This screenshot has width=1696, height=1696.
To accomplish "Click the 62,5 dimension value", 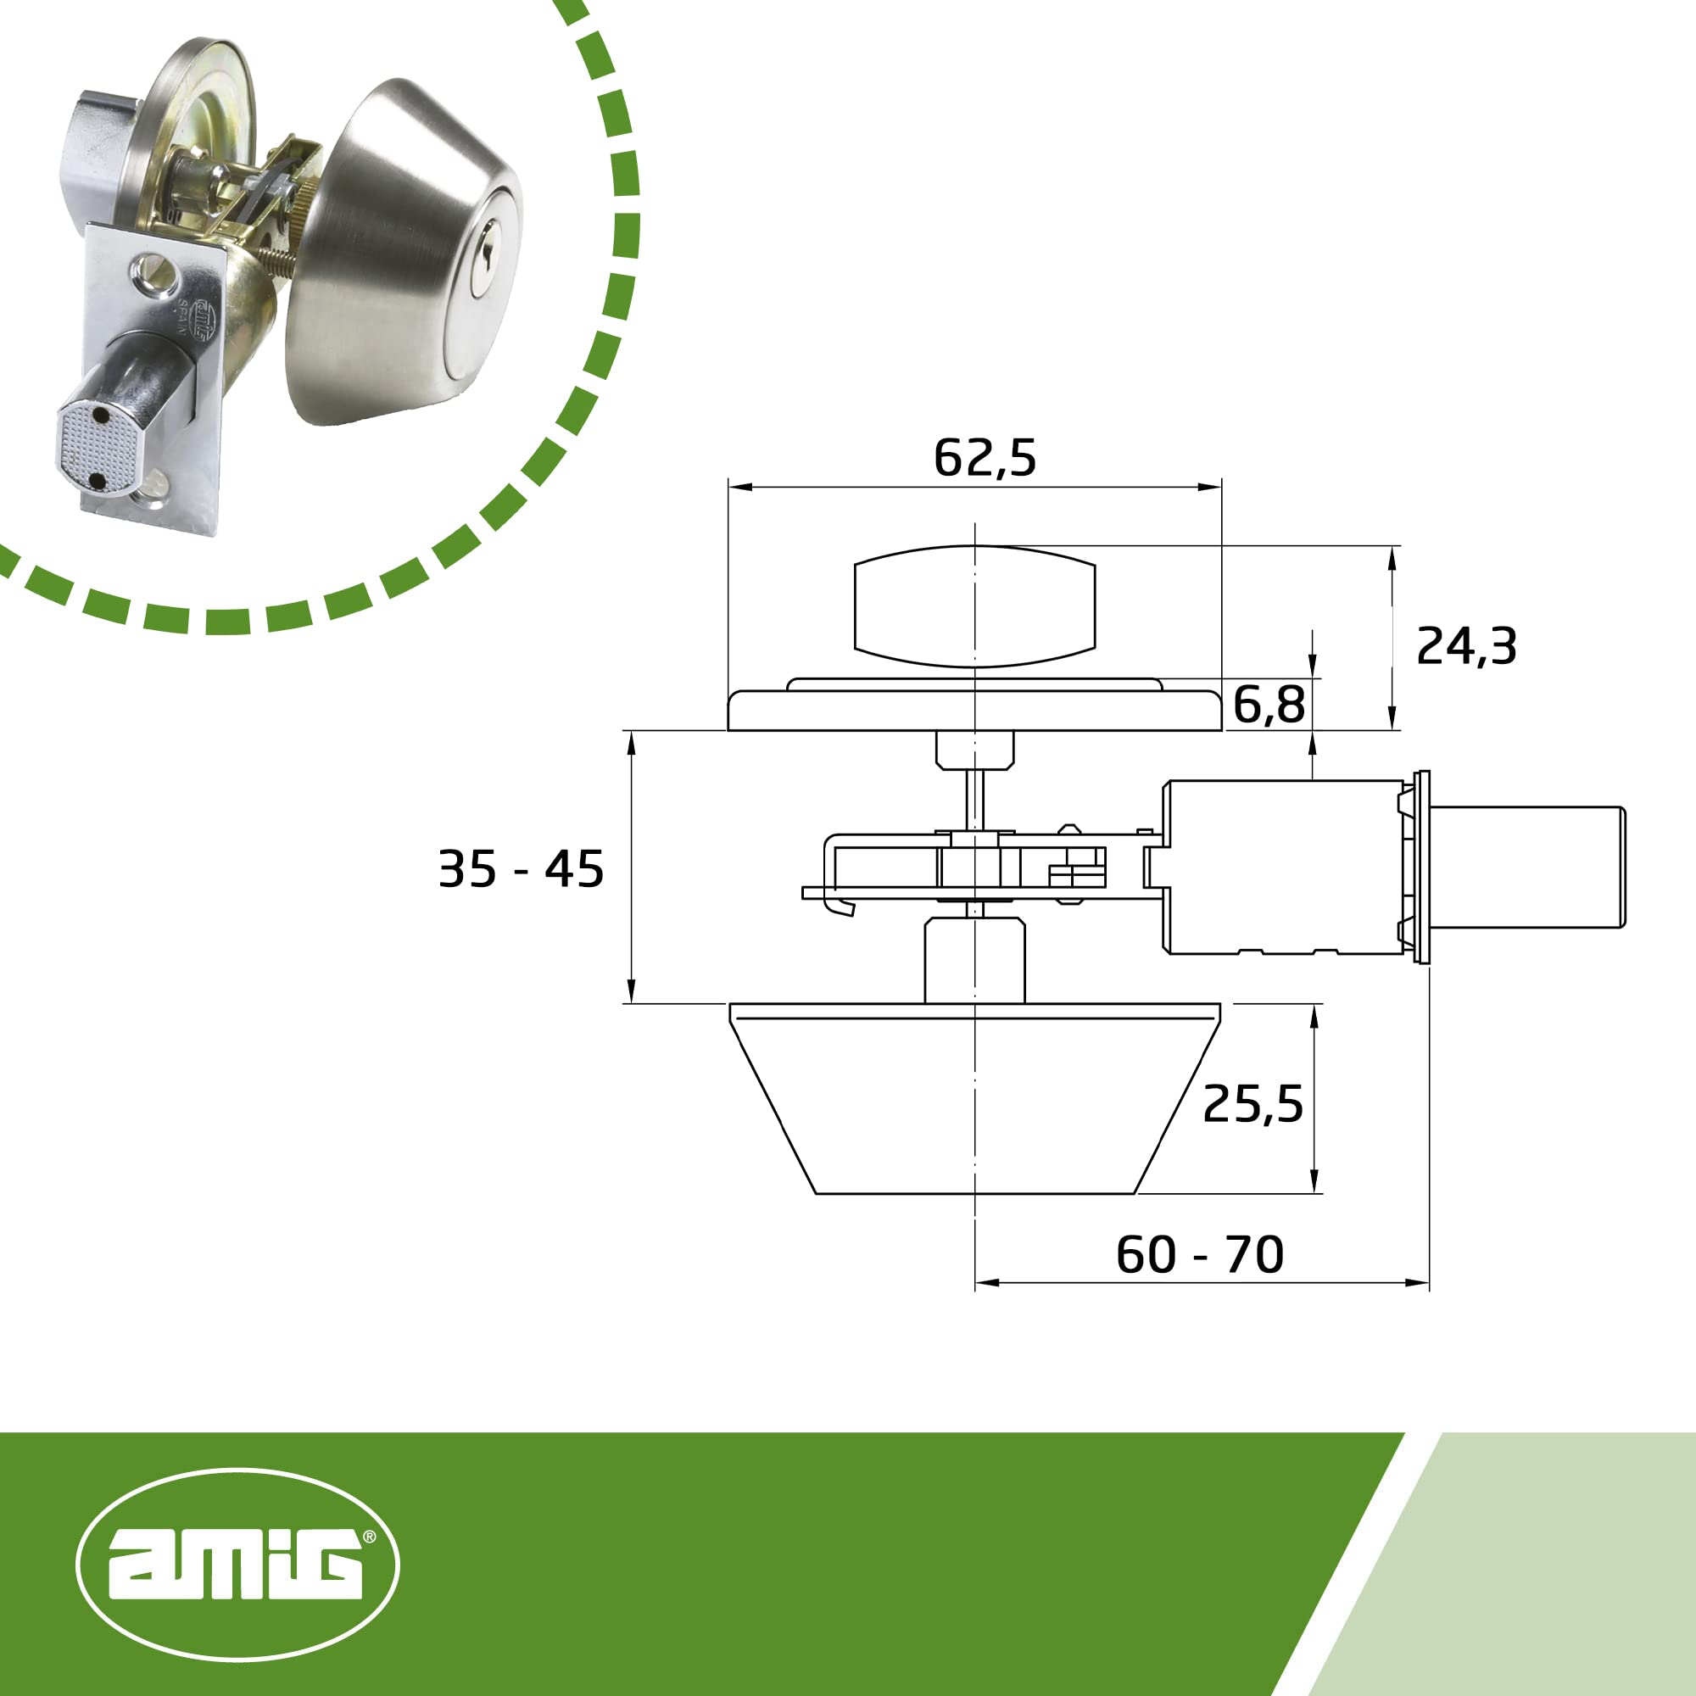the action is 985,458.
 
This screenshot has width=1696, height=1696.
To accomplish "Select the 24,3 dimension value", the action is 1466,647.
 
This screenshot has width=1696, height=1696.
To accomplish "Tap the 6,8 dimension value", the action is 1269,704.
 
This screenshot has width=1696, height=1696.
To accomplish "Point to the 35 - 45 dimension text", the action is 521,869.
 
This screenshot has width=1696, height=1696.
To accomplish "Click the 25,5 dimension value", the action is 1252,1103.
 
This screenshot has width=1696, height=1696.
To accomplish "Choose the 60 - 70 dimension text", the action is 1199,1254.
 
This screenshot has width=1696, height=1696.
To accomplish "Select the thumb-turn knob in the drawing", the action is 974,606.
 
